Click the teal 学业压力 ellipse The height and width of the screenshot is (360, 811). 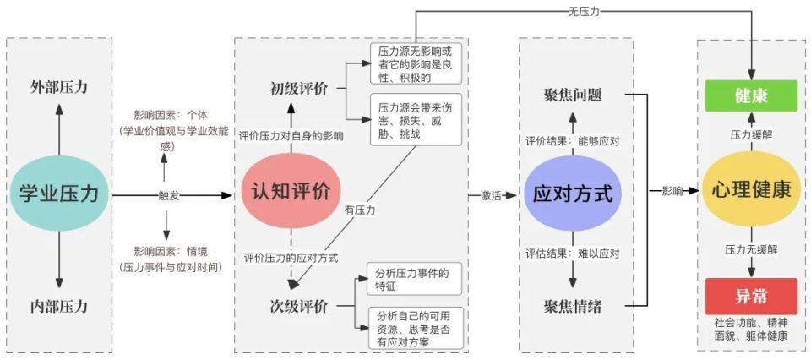59,193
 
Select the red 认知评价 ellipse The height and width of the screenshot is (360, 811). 291,191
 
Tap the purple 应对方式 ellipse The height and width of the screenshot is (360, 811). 573,194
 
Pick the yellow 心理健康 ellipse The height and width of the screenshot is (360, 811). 750,190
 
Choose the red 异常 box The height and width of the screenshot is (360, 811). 751,297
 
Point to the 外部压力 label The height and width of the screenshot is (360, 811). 59,87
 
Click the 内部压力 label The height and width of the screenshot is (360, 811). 59,306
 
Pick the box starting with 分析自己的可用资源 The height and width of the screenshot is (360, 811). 414,329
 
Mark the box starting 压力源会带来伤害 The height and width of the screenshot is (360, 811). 416,121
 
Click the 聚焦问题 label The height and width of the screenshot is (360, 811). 573,95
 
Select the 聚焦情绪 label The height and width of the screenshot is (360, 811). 573,306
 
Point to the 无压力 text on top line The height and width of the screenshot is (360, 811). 584,11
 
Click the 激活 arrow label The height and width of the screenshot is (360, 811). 489,195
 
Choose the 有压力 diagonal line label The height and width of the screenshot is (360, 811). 360,211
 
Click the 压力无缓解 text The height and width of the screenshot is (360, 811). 751,249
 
